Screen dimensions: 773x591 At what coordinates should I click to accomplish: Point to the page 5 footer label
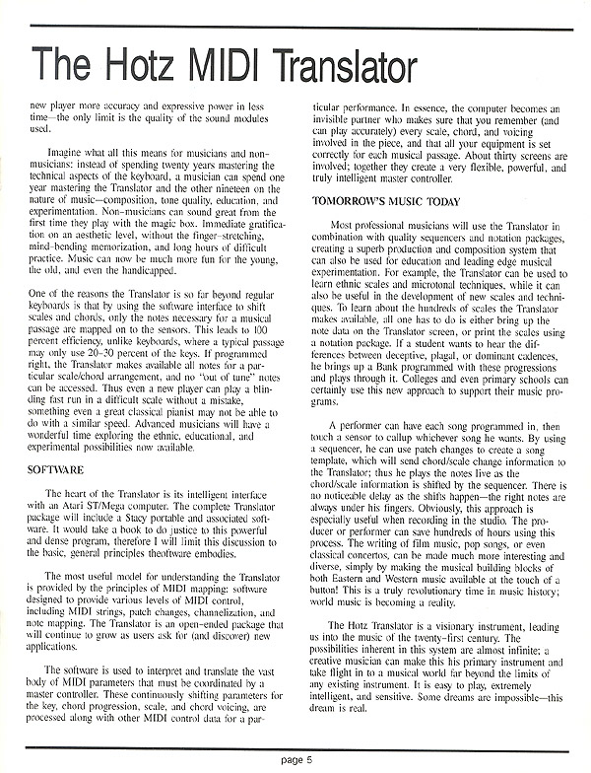295,758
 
